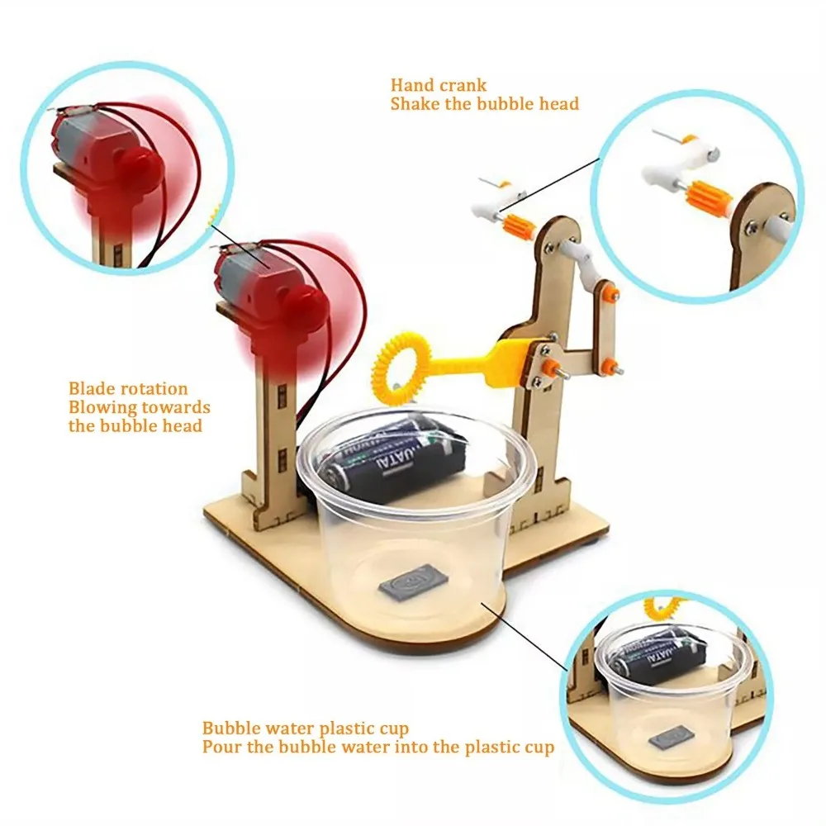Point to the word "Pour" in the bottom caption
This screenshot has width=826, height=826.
(x=221, y=748)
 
